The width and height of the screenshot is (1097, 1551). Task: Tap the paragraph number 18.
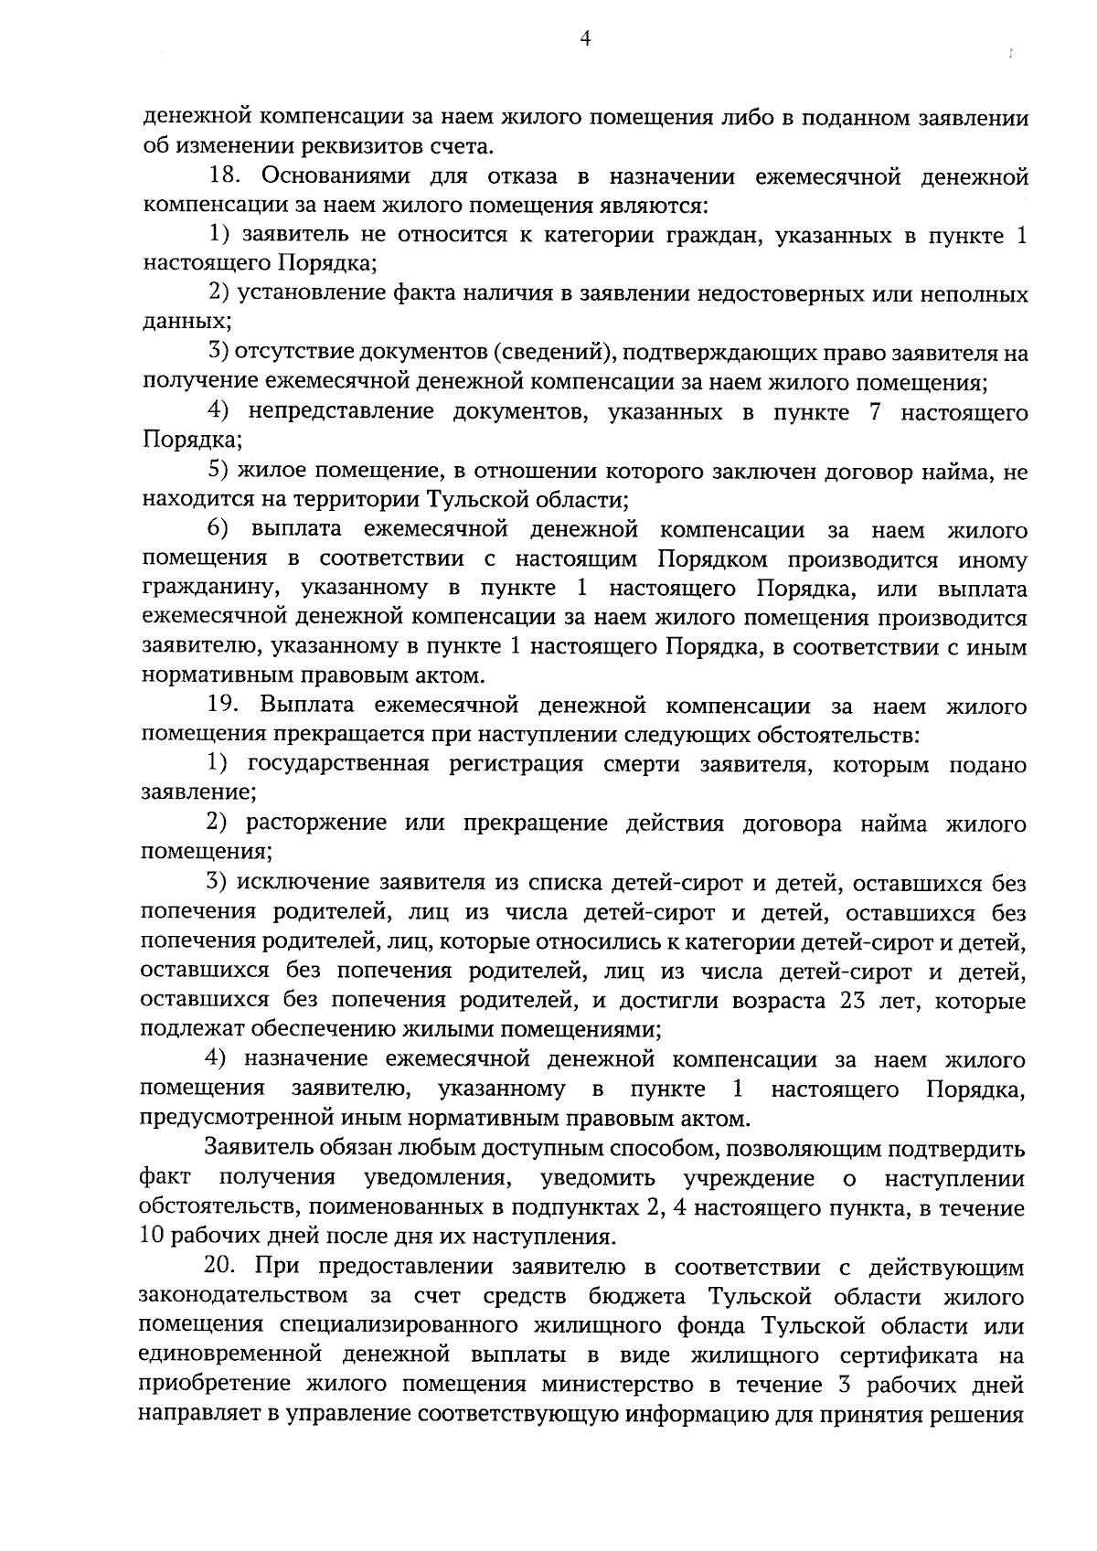tap(227, 175)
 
